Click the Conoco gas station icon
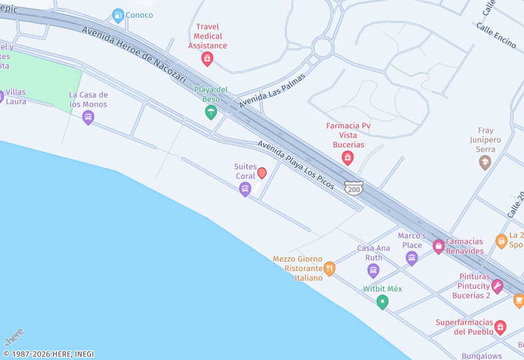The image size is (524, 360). pyautogui.click(x=118, y=14)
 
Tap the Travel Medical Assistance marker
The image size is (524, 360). pyautogui.click(x=207, y=59)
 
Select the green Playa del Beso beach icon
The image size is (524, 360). pyautogui.click(x=210, y=113)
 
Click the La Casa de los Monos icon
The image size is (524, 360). pyautogui.click(x=88, y=118)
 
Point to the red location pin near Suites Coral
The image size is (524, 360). pyautogui.click(x=262, y=173)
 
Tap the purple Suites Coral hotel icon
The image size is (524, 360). pyautogui.click(x=245, y=189)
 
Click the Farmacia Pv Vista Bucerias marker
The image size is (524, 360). pyautogui.click(x=347, y=158)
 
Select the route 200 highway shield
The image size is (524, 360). pyautogui.click(x=354, y=189)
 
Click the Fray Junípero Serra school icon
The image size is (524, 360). pyautogui.click(x=485, y=162)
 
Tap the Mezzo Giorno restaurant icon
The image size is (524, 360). pyautogui.click(x=329, y=268)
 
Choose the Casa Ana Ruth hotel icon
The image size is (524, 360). pyautogui.click(x=373, y=270)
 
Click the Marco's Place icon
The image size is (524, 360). pyautogui.click(x=411, y=258)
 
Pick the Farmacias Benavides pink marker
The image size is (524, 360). pyautogui.click(x=438, y=246)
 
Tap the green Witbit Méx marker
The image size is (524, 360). pyautogui.click(x=383, y=302)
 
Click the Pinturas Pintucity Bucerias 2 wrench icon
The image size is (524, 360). pyautogui.click(x=497, y=286)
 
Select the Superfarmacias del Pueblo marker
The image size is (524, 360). pyautogui.click(x=500, y=327)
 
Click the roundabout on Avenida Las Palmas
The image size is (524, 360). pyautogui.click(x=322, y=46)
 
